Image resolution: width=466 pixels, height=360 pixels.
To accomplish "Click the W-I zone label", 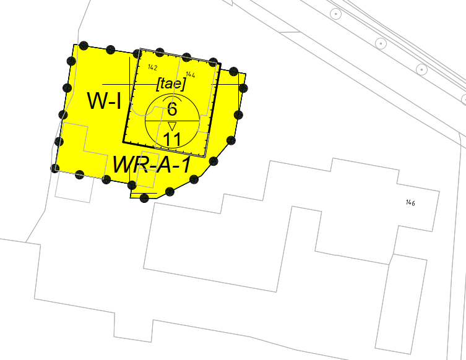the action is pyautogui.click(x=105, y=101).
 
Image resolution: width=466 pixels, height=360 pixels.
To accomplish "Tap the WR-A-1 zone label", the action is pyautogui.click(x=152, y=165).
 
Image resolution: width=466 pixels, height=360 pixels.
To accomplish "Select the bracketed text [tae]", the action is pyautogui.click(x=171, y=84).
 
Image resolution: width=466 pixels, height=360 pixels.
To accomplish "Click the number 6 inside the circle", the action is pyautogui.click(x=172, y=109).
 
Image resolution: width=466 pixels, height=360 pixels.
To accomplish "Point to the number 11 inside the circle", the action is pyautogui.click(x=172, y=139).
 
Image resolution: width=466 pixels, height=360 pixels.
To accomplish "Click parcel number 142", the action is pyautogui.click(x=152, y=67).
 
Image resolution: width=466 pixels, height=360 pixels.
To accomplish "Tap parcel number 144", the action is pyautogui.click(x=190, y=74).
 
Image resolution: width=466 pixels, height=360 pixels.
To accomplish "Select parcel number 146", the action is pyautogui.click(x=410, y=202).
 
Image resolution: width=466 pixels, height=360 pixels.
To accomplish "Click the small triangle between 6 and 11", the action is pyautogui.click(x=172, y=126).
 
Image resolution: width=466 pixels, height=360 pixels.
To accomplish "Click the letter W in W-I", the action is pyautogui.click(x=97, y=101).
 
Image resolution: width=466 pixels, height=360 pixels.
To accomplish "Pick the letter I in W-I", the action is pyautogui.click(x=119, y=101).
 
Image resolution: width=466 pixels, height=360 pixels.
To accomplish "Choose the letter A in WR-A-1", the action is pyautogui.click(x=163, y=165).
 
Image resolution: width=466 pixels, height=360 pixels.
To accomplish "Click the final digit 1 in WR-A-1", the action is pyautogui.click(x=186, y=165).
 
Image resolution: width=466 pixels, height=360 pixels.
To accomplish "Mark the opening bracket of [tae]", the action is pyautogui.click(x=159, y=84).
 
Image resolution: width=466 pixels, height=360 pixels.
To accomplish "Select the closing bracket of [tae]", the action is pyautogui.click(x=183, y=84).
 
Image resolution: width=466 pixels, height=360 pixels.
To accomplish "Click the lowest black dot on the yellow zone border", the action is pyautogui.click(x=144, y=198).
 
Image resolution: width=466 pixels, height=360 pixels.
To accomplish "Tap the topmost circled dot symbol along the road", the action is pyautogui.click(x=336, y=14).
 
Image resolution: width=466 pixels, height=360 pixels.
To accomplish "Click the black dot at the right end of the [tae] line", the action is pyautogui.click(x=243, y=88).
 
